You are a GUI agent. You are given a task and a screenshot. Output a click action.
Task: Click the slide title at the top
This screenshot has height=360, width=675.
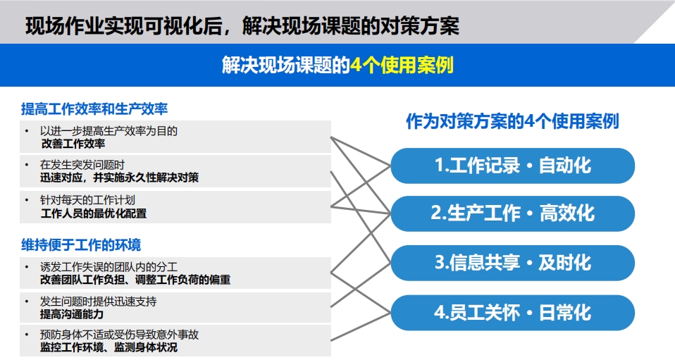click(x=242, y=25)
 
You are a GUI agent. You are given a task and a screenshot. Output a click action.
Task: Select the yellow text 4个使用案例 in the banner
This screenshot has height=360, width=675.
click(x=402, y=65)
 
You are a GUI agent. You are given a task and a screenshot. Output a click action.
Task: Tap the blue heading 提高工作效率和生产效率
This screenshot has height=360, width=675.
click(x=94, y=109)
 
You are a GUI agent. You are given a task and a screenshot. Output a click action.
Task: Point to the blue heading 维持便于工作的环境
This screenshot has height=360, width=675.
click(x=81, y=245)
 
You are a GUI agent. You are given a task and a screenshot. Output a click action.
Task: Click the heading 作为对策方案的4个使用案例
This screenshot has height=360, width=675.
click(x=512, y=121)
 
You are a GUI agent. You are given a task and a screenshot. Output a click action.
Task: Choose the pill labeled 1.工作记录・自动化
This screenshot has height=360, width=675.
click(x=513, y=166)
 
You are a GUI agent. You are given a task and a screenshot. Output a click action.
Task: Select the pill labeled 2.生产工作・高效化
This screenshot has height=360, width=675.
click(x=513, y=213)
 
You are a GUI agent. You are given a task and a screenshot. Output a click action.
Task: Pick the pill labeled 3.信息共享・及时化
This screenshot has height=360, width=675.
click(x=513, y=263)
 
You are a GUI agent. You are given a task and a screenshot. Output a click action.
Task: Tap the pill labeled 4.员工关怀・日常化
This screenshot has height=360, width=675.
click(x=513, y=313)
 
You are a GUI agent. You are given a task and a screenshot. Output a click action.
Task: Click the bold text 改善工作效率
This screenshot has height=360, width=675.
click(x=73, y=144)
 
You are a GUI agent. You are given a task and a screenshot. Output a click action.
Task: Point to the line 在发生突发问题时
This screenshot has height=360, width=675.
click(x=82, y=165)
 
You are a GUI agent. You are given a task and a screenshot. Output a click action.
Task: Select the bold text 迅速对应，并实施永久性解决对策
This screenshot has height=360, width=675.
click(x=119, y=178)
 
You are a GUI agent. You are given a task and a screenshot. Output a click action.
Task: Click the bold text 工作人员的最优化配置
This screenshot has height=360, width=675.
click(x=94, y=213)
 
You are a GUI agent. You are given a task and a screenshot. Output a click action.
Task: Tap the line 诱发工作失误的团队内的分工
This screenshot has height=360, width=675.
click(x=109, y=267)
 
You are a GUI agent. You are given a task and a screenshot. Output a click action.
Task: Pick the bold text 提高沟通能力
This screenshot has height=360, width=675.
click(x=72, y=314)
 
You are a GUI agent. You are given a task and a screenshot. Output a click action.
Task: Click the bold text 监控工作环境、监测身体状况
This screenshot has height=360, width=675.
click(x=109, y=347)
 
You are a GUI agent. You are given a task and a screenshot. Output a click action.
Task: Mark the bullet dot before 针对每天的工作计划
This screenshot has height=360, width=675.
click(x=27, y=200)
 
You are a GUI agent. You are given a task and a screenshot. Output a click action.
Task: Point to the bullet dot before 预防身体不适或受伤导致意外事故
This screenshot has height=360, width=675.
click(x=27, y=334)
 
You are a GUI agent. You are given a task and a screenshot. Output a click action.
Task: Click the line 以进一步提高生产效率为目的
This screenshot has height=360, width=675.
click(x=109, y=131)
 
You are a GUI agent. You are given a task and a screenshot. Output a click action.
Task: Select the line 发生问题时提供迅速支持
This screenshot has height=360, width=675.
click(x=98, y=302)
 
